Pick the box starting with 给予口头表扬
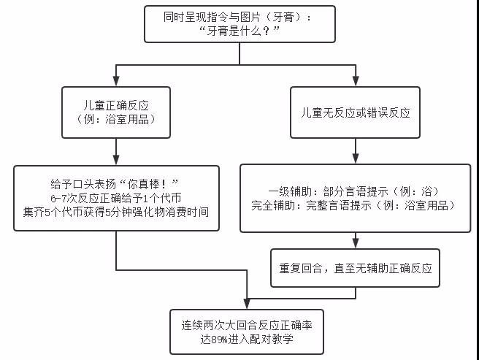(116, 198)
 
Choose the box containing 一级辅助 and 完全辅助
(355, 199)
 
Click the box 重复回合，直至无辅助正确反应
(356, 267)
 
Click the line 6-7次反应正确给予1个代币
(117, 198)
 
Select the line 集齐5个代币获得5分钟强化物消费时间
(117, 212)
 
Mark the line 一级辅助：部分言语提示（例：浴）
(355, 191)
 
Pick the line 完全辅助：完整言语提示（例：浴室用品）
(355, 206)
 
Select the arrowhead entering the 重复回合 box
(356, 245)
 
